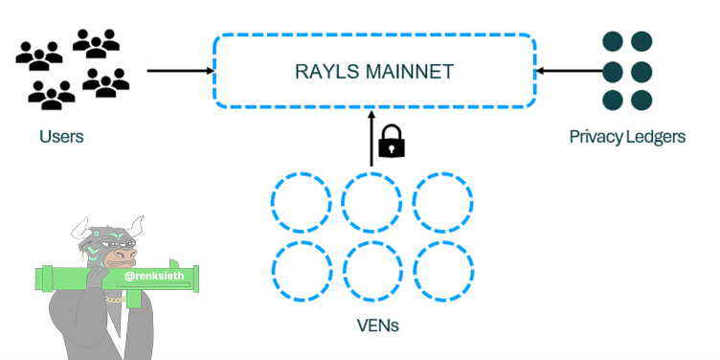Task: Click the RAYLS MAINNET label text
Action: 374,72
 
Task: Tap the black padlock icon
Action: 392,141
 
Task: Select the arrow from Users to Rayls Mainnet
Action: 181,71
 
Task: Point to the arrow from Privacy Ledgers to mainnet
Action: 570,71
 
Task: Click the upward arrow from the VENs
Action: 371,137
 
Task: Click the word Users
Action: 61,136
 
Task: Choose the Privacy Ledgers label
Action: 627,137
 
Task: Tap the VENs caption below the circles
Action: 378,326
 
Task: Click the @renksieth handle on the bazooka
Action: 154,276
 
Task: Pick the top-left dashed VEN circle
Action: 272,202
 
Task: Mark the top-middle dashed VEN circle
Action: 342,202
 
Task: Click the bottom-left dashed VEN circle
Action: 272,271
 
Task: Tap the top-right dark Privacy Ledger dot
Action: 641,41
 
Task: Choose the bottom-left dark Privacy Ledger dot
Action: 613,101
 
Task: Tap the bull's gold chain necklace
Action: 116,300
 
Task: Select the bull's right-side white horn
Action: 136,224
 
